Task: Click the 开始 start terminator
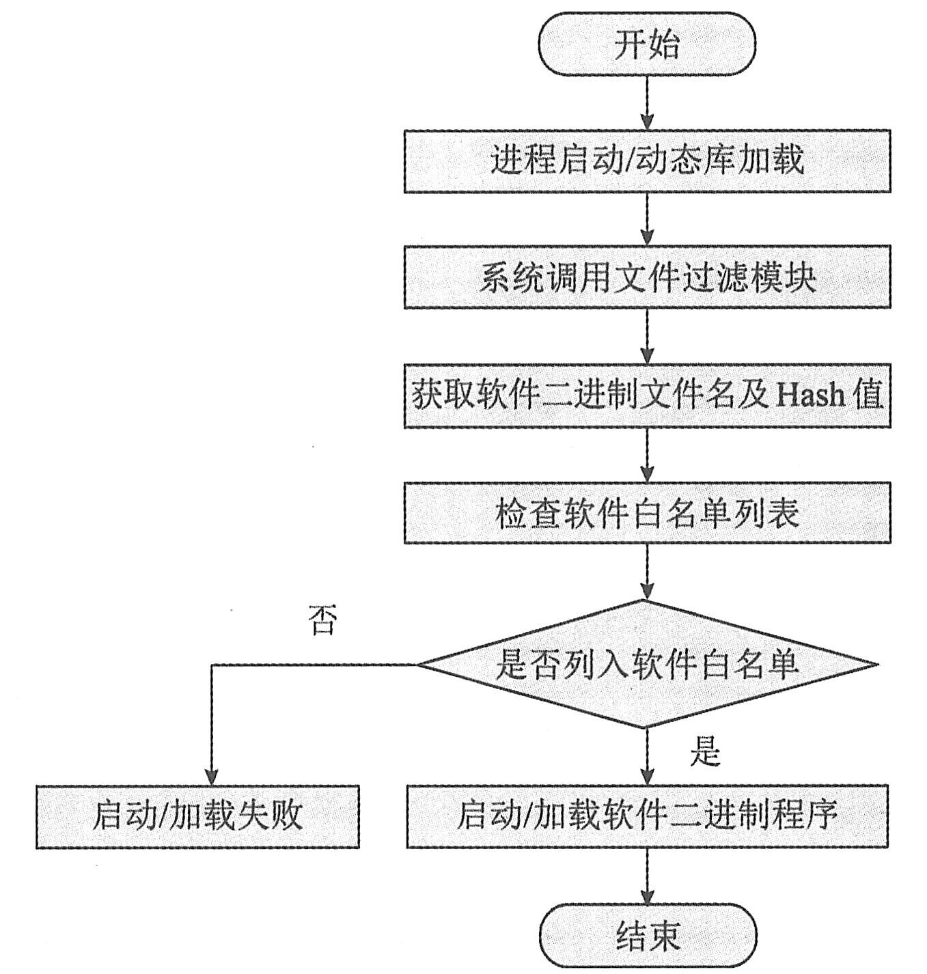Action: click(x=647, y=45)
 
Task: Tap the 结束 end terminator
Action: click(x=647, y=936)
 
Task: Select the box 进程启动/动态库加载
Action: click(x=647, y=161)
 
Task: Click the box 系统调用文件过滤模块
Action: click(x=647, y=278)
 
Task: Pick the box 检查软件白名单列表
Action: click(x=647, y=513)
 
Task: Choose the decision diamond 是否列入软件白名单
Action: click(x=647, y=664)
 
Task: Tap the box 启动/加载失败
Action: click(x=197, y=816)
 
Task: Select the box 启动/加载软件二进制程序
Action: click(x=647, y=816)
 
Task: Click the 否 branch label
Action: click(x=323, y=620)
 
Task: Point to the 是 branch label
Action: click(x=705, y=753)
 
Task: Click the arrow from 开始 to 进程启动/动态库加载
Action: click(x=647, y=102)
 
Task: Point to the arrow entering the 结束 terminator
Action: click(x=647, y=877)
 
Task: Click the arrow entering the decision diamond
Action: click(x=647, y=572)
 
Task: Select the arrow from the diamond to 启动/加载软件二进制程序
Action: click(x=647, y=757)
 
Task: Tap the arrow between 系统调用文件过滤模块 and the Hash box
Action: click(x=647, y=337)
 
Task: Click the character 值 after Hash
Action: click(x=868, y=395)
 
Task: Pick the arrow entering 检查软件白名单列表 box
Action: click(x=647, y=456)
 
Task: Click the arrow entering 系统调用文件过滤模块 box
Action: click(x=647, y=220)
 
